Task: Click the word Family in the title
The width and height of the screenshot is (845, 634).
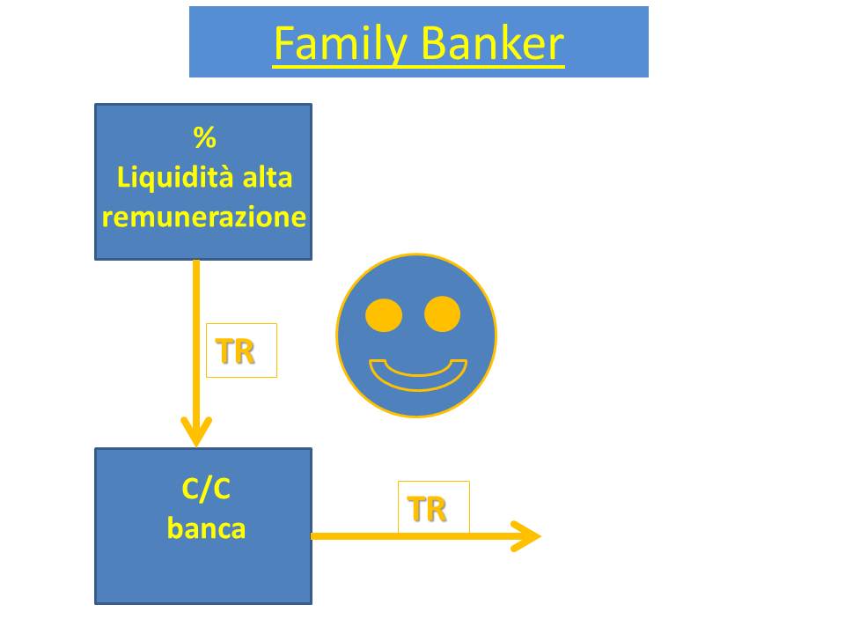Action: [x=341, y=44]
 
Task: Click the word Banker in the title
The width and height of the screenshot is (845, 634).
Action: [x=492, y=43]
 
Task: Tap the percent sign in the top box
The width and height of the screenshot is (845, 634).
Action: [x=205, y=137]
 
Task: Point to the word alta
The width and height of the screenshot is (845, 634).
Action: [x=268, y=177]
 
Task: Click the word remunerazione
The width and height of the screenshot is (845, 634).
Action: [x=203, y=217]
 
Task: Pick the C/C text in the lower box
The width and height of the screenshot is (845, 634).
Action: [x=206, y=489]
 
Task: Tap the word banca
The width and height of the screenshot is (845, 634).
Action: [x=206, y=527]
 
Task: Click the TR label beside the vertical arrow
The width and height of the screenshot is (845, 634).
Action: [x=235, y=351]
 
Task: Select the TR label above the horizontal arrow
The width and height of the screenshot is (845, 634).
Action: [x=428, y=509]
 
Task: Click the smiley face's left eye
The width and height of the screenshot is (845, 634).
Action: [x=384, y=315]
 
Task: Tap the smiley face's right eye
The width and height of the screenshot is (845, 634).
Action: [x=443, y=313]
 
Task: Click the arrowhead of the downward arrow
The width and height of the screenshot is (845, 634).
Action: [x=196, y=431]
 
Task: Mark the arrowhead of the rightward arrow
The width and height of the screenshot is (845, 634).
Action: [x=525, y=536]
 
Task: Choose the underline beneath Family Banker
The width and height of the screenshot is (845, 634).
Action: [x=418, y=66]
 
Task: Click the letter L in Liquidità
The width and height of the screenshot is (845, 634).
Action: [x=124, y=177]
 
